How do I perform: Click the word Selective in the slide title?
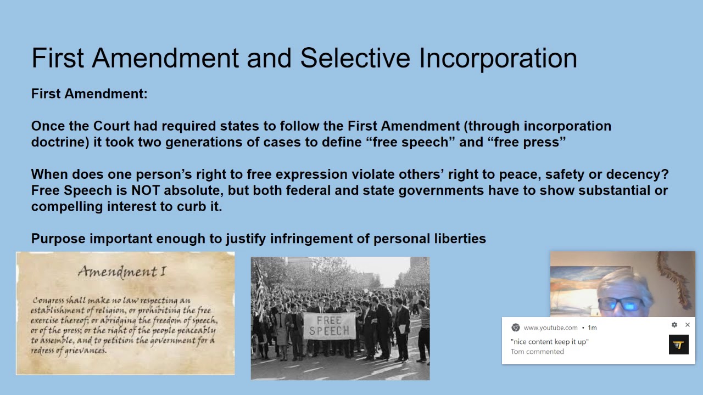355,58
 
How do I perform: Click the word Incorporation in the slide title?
498,58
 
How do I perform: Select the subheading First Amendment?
90,94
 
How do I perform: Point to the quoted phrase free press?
526,142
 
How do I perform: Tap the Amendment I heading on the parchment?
121,271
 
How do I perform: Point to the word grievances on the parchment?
82,350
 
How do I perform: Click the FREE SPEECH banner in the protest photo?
329,325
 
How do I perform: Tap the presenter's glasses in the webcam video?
621,304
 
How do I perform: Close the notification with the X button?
687,325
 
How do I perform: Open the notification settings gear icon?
674,325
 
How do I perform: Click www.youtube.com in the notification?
550,328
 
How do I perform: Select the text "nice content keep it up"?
550,342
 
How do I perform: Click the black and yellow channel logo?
678,345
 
